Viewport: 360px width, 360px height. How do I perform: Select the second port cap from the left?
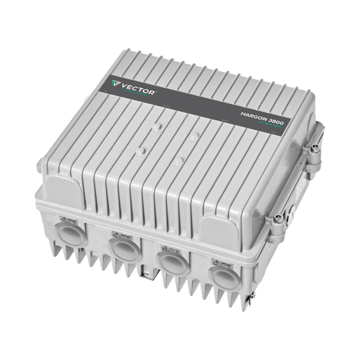click(x=124, y=248)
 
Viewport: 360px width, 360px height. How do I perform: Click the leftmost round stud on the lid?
click(x=140, y=152)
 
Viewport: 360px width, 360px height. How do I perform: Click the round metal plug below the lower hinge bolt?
click(x=291, y=208)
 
